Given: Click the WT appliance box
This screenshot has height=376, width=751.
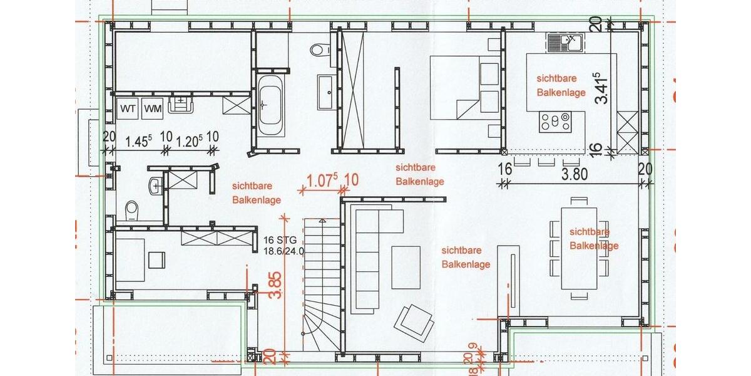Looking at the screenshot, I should [128, 108].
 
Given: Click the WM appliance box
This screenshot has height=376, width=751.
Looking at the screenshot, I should [152, 108].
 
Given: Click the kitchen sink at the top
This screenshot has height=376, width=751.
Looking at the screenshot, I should [565, 43].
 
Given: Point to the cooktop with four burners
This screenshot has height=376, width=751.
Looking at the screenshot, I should [555, 120].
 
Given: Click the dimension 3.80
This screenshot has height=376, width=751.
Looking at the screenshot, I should [575, 174].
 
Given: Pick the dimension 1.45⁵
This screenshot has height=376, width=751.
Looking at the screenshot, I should [139, 142].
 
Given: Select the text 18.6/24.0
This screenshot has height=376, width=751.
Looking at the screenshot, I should [284, 251].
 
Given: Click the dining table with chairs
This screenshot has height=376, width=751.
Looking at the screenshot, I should [579, 248].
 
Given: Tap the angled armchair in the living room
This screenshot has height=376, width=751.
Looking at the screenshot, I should [413, 321].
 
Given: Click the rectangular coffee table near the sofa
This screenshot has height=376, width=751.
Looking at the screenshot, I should [406, 268].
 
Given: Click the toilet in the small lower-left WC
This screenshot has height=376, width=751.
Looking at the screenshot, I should [131, 211].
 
